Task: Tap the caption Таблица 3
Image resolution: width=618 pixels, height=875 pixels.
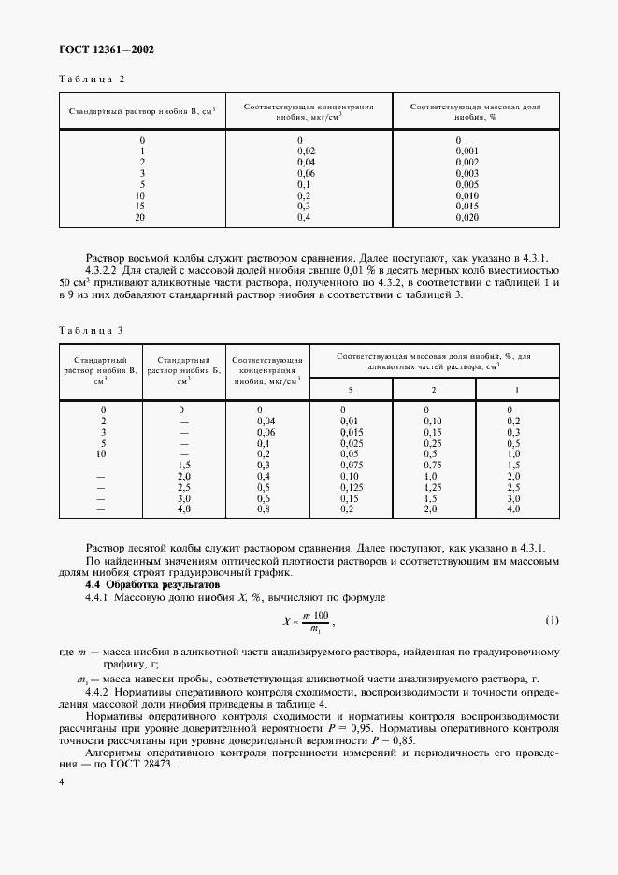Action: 91,330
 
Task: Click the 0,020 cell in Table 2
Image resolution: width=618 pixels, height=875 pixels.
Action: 467,217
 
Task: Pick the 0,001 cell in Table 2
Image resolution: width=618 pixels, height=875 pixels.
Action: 467,151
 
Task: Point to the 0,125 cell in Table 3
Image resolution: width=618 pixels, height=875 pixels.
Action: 352,487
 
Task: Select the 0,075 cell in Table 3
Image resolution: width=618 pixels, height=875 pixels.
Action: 352,465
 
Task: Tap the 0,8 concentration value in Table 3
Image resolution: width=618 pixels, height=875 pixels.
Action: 265,509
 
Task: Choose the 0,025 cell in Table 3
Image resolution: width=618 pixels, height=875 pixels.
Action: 352,442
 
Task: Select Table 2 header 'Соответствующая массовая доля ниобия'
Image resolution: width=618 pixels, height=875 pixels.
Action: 475,113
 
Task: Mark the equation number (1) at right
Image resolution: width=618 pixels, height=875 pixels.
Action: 551,621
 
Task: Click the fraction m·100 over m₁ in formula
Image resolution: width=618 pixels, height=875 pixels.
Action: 315,622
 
